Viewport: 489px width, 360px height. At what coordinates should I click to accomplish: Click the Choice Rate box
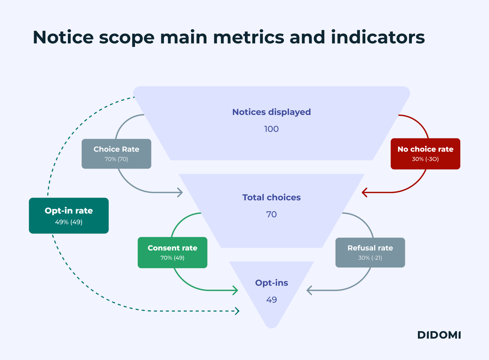pos(116,154)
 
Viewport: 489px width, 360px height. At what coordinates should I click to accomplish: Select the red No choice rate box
pos(425,154)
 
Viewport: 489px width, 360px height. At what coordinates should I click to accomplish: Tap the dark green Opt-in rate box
pos(69,216)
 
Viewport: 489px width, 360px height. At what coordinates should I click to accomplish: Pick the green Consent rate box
pos(172,252)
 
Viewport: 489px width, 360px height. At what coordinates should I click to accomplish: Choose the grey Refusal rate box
pos(370,252)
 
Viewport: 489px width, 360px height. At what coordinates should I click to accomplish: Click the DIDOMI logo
pos(439,335)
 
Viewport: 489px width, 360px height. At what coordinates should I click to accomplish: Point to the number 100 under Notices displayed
pos(272,129)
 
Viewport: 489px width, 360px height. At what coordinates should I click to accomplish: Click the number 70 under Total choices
pos(272,215)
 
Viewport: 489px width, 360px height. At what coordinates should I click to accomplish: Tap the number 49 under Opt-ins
pos(272,300)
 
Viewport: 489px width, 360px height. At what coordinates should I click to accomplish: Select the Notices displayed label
pos(272,112)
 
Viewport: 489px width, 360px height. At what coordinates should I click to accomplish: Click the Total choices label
pos(272,197)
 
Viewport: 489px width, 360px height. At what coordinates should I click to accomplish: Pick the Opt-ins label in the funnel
pos(272,283)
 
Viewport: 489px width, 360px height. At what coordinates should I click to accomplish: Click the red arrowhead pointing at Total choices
pos(364,192)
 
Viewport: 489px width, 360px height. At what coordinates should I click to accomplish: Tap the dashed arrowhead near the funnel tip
pos(237,311)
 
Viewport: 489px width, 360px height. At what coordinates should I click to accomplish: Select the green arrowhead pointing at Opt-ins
pos(236,290)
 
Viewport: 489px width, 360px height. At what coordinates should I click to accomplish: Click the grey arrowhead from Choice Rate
pos(181,192)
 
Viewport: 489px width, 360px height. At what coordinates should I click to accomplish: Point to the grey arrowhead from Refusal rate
pos(309,290)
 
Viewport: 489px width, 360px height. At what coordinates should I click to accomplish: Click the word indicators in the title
pos(378,37)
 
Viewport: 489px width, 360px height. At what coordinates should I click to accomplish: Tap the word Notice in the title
pos(63,37)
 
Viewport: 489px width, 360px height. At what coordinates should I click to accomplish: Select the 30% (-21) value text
pos(370,258)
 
